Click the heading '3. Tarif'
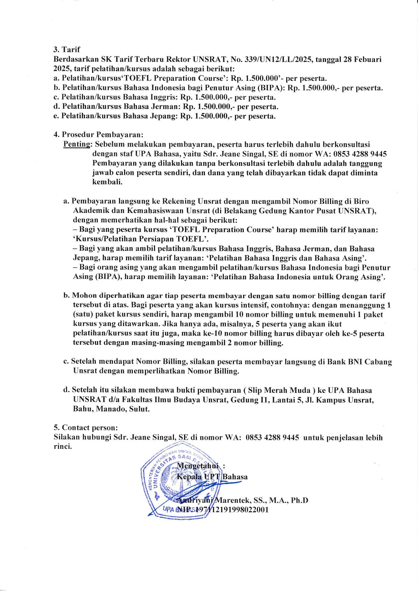[67, 50]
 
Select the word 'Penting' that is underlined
[77, 145]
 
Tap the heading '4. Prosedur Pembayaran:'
[98, 135]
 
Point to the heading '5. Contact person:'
[86, 428]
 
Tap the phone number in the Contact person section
[272, 438]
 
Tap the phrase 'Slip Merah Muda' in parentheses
[279, 390]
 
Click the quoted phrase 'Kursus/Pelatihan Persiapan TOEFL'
[141, 239]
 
